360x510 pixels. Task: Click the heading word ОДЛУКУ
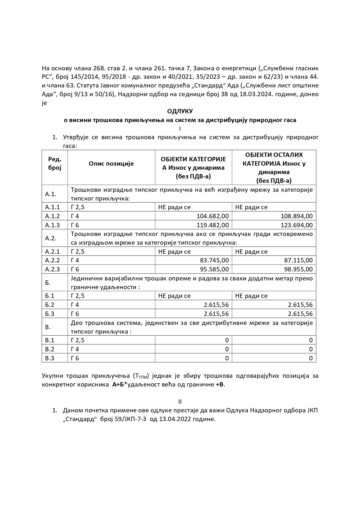[180, 111]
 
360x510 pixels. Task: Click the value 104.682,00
[213, 216]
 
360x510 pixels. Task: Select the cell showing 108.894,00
[297, 216]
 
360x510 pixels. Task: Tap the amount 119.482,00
[213, 225]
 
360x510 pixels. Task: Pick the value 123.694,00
[297, 225]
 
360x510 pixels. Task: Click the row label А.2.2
[52, 260]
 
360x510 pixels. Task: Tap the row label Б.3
[50, 314]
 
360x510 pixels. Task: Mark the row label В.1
[50, 340]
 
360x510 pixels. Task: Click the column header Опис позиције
[111, 164]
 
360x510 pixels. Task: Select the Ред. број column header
[55, 164]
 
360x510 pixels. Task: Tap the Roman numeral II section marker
[180, 402]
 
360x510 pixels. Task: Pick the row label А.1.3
[52, 225]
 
